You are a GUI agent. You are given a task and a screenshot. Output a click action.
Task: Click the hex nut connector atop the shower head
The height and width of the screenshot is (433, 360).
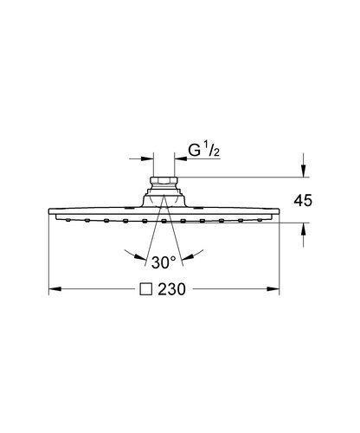coord(161,183)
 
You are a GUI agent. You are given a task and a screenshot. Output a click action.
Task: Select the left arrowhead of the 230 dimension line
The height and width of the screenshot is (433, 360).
coord(53,288)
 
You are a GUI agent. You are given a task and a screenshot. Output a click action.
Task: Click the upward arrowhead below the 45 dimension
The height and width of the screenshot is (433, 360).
coord(304,229)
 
